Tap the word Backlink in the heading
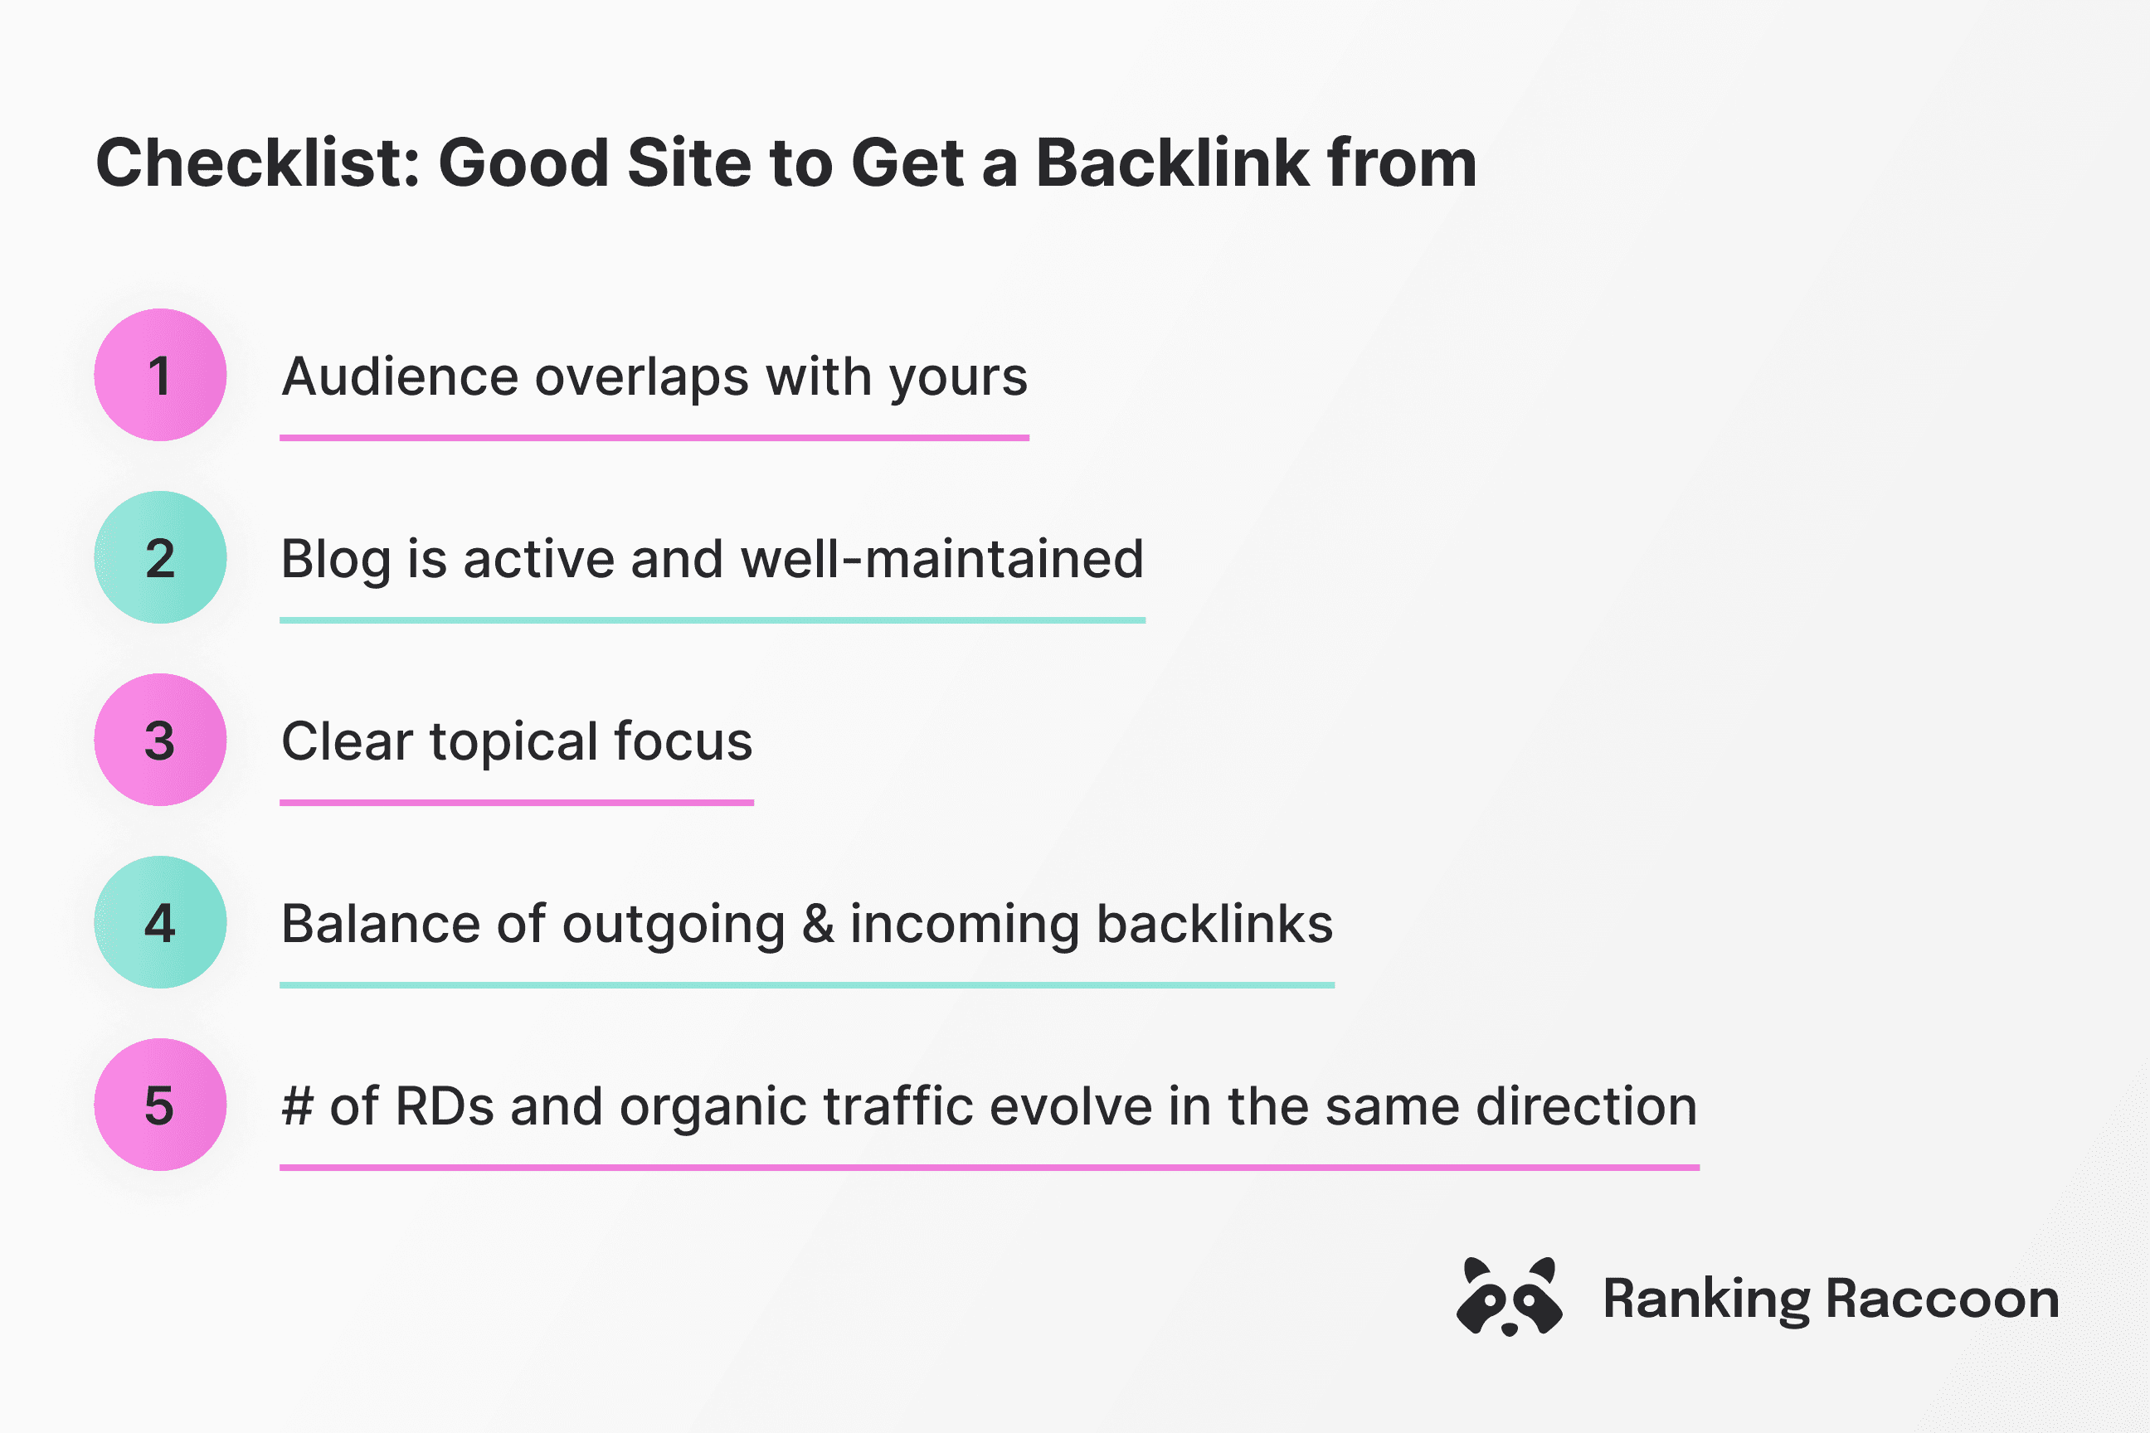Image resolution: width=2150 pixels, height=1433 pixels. [x=1172, y=163]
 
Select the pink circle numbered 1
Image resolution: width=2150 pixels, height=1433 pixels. [x=160, y=375]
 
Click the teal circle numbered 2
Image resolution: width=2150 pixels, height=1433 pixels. [x=160, y=557]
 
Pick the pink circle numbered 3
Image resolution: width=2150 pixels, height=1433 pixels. [x=160, y=741]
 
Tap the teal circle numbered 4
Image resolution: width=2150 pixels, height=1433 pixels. [x=160, y=922]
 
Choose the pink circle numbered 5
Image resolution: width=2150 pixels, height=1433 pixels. [x=160, y=1105]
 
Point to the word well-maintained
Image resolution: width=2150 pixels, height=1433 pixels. [x=941, y=559]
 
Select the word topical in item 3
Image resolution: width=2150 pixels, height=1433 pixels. [x=513, y=742]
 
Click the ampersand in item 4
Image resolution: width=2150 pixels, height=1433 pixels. [x=818, y=924]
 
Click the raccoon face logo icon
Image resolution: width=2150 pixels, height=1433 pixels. [x=1509, y=1297]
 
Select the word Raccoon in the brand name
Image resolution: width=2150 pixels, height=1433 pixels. [x=1943, y=1299]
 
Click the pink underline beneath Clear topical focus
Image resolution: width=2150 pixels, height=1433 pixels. [x=517, y=803]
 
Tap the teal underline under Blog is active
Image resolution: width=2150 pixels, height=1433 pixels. [x=712, y=620]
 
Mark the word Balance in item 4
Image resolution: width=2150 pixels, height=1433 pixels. [x=380, y=924]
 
